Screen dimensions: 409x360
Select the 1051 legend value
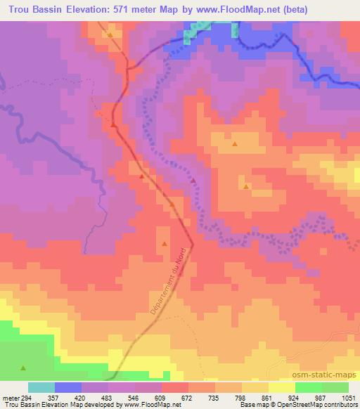pyautogui.click(x=348, y=396)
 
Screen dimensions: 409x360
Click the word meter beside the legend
pyautogui.click(x=9, y=396)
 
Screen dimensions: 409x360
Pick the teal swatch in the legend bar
pyautogui.click(x=41, y=387)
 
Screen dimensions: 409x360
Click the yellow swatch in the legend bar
pyautogui.click(x=281, y=387)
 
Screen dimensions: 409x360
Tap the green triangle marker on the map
pyautogui.click(x=23, y=368)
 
